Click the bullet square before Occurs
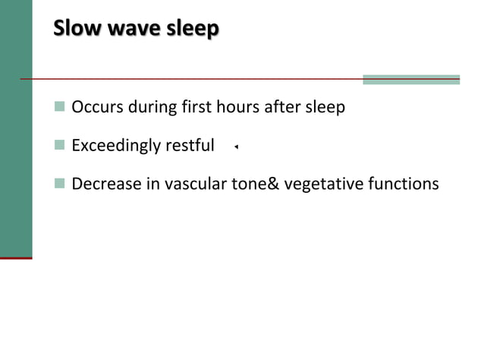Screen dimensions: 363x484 point(60,107)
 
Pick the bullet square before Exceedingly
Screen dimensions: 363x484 point(60,145)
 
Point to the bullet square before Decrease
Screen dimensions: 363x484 point(60,184)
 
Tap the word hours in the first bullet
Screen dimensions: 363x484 point(237,107)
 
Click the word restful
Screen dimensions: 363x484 point(189,145)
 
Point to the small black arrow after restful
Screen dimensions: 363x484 point(237,147)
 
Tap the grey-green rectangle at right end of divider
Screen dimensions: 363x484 point(411,80)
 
